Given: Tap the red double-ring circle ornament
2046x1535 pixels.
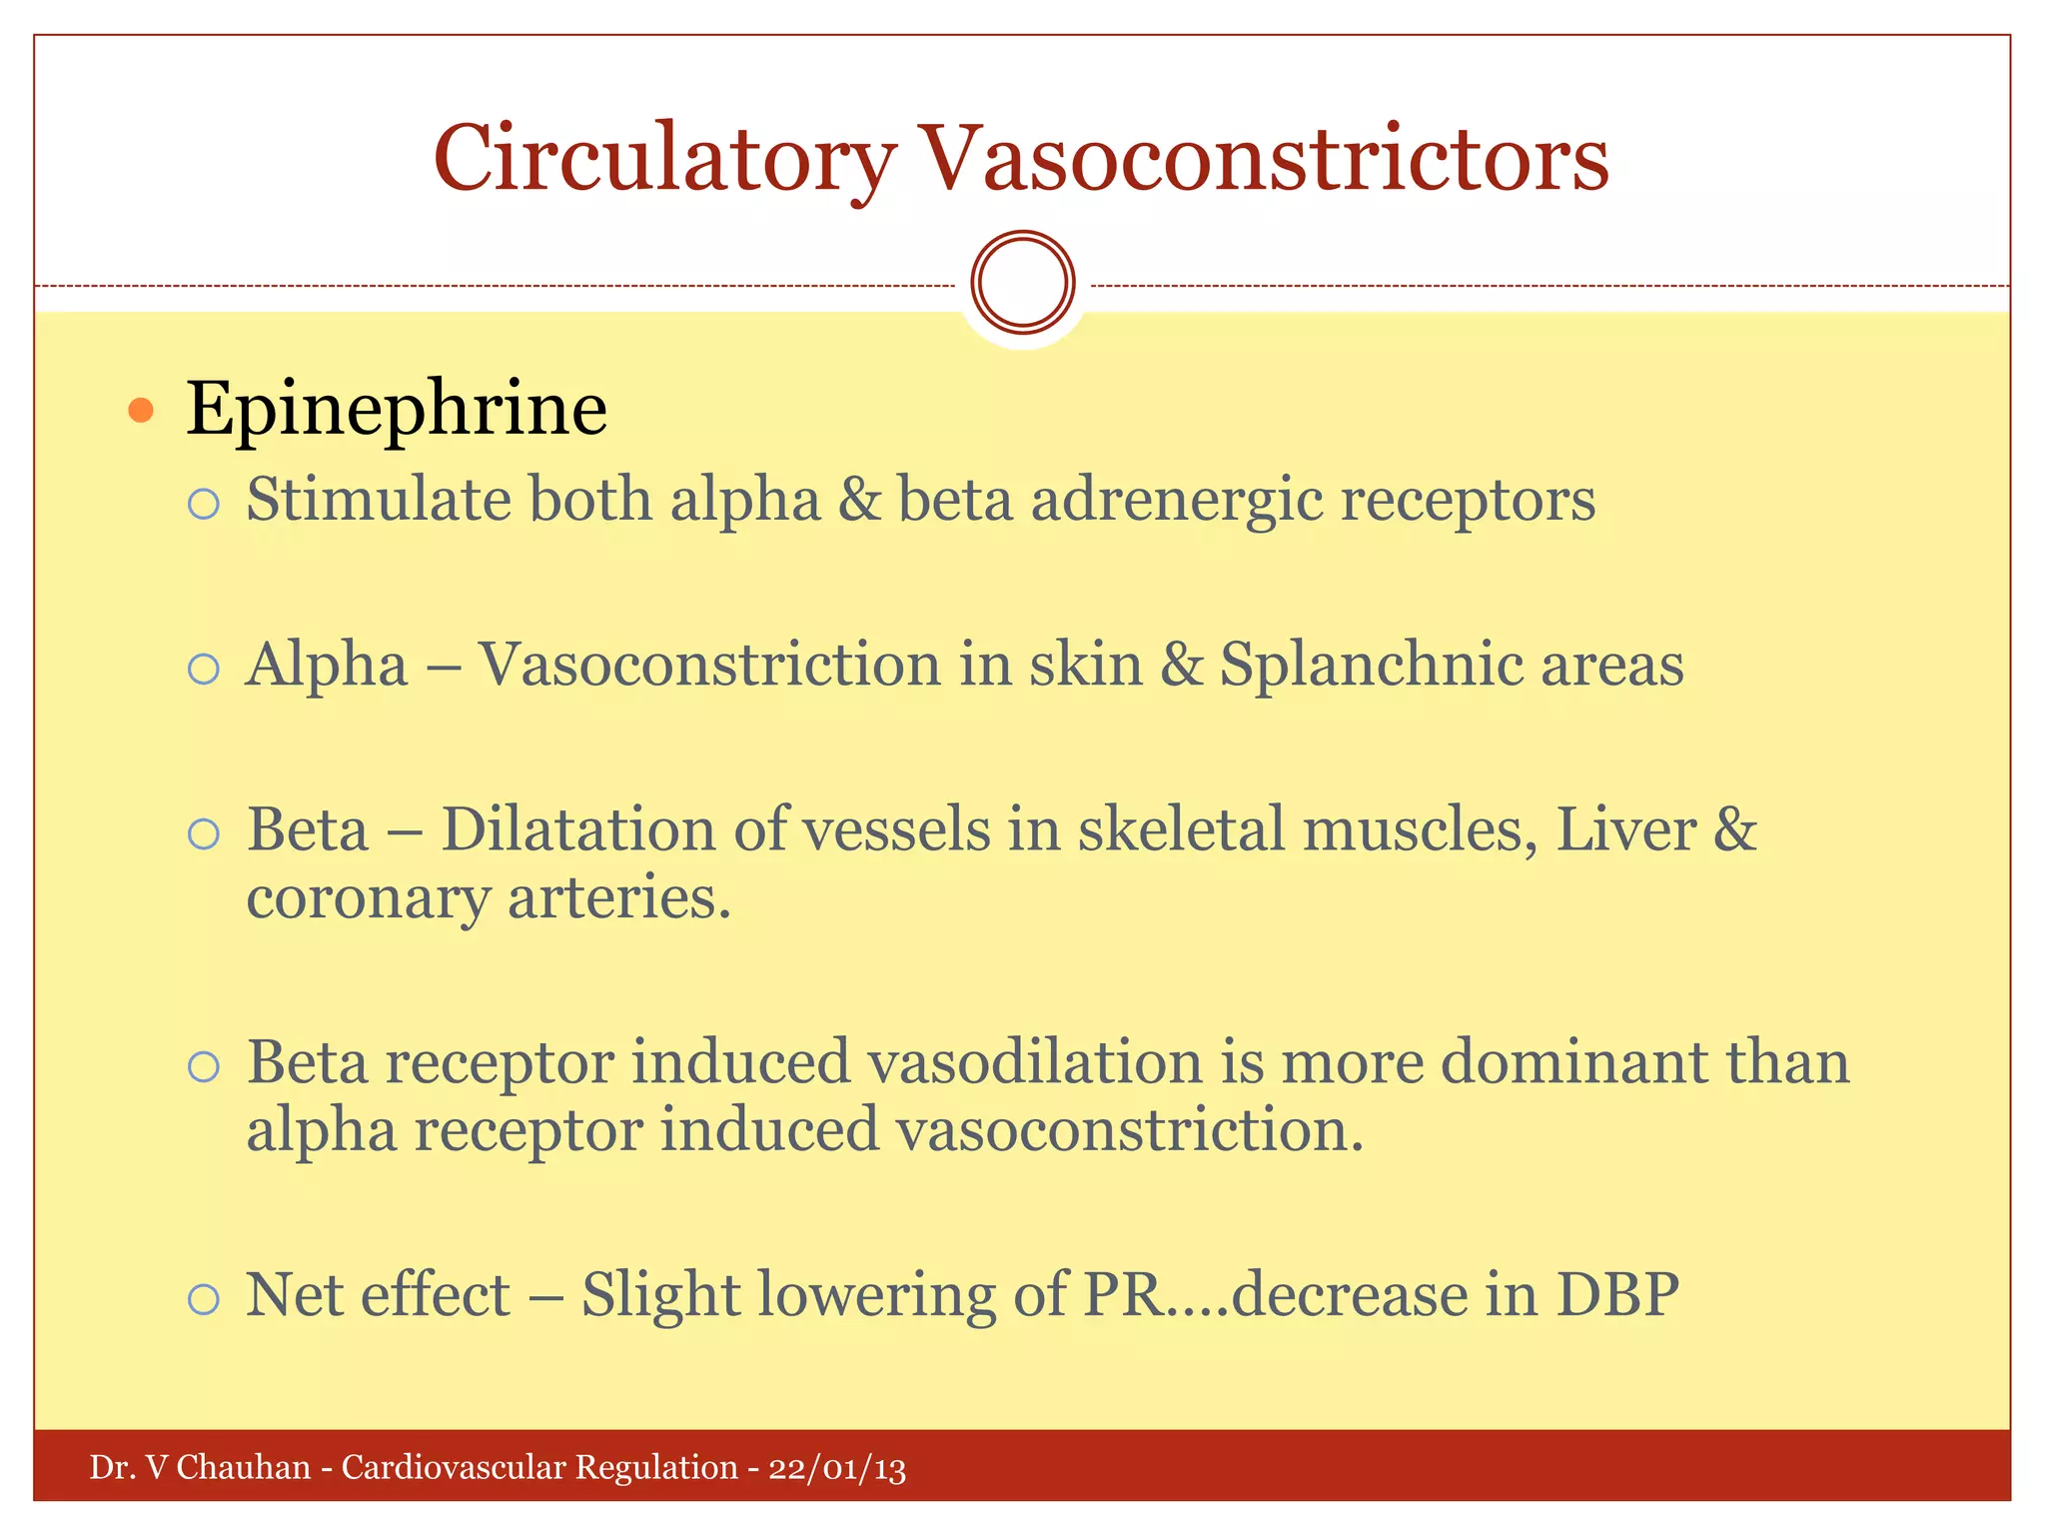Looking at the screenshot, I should tap(1023, 282).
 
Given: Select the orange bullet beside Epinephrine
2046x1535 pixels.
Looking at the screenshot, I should tap(141, 410).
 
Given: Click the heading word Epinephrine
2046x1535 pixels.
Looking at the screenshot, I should tap(397, 410).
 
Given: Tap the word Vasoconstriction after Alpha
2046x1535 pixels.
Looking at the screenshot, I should tap(708, 665).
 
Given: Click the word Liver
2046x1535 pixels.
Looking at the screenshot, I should tap(1625, 829).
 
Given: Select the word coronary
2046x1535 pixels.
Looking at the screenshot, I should tap(368, 897).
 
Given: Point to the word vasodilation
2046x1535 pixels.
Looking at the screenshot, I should tap(1034, 1061).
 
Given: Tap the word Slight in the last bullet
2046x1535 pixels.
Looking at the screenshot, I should tap(660, 1295).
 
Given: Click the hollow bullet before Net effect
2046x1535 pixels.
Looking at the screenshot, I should tap(203, 1299).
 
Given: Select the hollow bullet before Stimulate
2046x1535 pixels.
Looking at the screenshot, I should tap(203, 503).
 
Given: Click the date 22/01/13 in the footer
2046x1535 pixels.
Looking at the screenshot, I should tap(837, 1468).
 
